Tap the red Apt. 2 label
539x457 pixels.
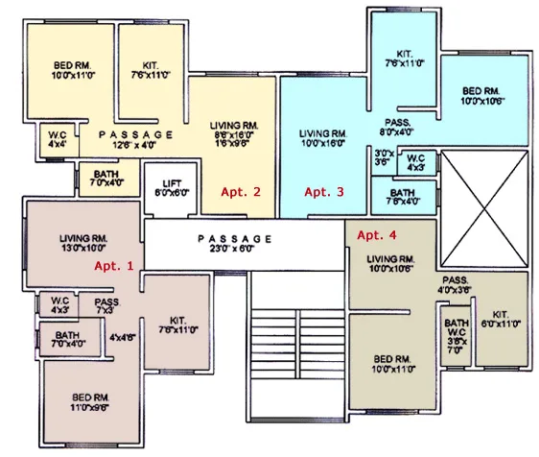241,191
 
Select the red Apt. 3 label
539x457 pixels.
323,191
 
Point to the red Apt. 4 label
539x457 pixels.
376,234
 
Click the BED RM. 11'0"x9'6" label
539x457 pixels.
87,402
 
